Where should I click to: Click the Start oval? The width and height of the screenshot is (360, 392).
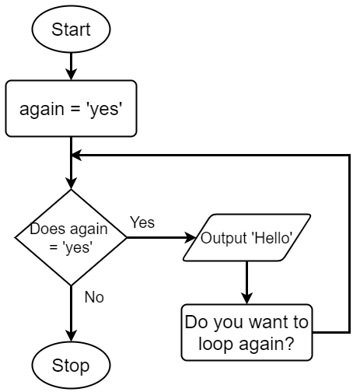click(x=71, y=29)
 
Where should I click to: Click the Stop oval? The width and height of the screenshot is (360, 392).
click(x=71, y=366)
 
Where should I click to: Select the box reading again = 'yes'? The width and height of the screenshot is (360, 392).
click(x=71, y=108)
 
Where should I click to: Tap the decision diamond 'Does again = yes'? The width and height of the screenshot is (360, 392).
click(x=71, y=237)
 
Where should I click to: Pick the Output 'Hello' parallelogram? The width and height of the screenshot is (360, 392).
click(x=246, y=237)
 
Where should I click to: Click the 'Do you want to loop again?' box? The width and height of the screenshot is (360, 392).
click(x=246, y=332)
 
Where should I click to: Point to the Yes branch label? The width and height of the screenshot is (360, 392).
click(x=142, y=222)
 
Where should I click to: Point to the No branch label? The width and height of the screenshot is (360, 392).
click(x=94, y=297)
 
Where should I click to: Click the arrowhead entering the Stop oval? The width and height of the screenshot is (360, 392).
click(x=71, y=336)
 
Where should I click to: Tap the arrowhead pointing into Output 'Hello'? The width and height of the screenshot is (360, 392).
click(x=190, y=237)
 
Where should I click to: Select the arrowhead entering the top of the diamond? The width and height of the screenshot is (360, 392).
click(x=71, y=184)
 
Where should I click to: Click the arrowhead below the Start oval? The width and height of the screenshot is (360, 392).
click(x=71, y=75)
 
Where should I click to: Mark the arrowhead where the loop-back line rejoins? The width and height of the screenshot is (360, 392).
click(x=76, y=155)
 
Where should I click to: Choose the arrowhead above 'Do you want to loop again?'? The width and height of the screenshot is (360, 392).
click(x=246, y=299)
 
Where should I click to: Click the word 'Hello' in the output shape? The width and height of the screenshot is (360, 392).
click(x=272, y=238)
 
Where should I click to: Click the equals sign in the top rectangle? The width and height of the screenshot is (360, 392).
click(x=75, y=109)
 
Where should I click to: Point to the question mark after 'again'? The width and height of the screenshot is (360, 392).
click(x=290, y=343)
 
